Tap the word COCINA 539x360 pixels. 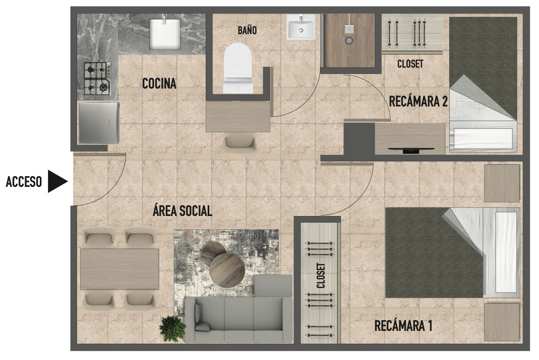click(159, 84)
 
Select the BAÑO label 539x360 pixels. click(247, 31)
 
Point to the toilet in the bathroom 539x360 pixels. click(238, 67)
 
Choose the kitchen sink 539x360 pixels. click(165, 33)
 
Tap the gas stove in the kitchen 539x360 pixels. click(97, 78)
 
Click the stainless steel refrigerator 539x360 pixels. click(99, 123)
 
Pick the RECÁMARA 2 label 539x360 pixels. click(418, 101)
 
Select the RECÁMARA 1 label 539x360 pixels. click(403, 325)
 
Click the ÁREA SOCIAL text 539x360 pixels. click(182, 211)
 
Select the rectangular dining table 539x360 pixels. click(119, 269)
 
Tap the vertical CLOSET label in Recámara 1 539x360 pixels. click(321, 276)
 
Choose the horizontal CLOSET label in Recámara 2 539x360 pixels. click(410, 64)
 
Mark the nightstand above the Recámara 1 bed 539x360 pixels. click(501, 183)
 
